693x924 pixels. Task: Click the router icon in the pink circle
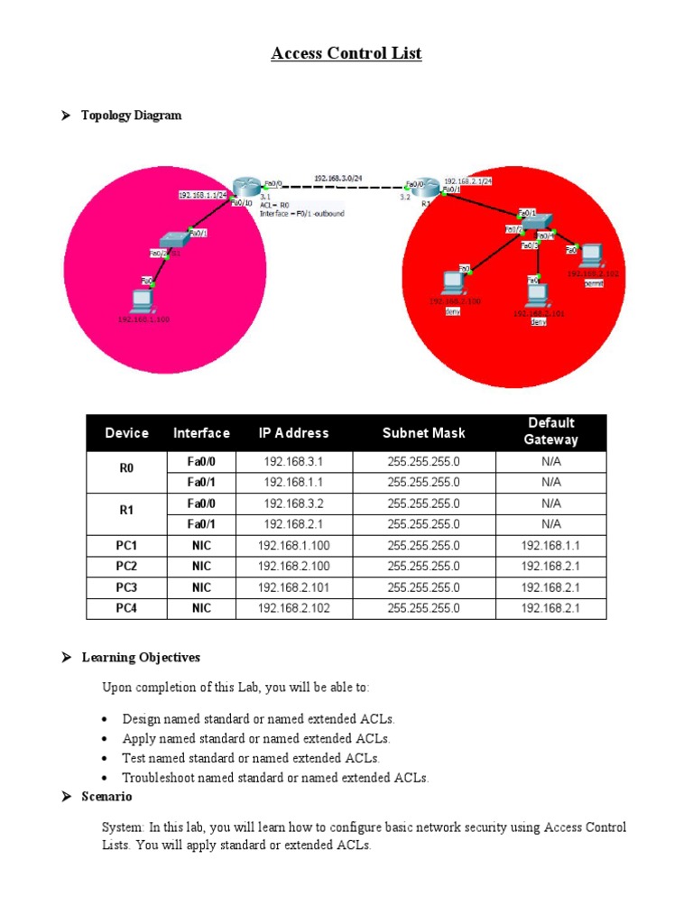tap(245, 186)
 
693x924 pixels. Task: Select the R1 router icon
tap(427, 188)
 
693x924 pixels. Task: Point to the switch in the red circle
tap(538, 222)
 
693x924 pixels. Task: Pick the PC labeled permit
tap(592, 255)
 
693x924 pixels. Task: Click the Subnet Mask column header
tap(423, 433)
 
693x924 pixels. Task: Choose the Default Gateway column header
tap(550, 432)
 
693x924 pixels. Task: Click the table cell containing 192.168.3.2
tap(293, 504)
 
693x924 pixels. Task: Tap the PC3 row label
tap(126, 587)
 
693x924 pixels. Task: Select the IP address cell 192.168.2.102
tap(293, 608)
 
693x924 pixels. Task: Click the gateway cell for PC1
tap(550, 546)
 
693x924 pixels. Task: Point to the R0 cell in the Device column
tap(126, 472)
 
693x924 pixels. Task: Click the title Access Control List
tap(346, 54)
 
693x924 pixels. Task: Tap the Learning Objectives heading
tap(141, 658)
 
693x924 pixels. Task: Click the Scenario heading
tap(106, 797)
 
